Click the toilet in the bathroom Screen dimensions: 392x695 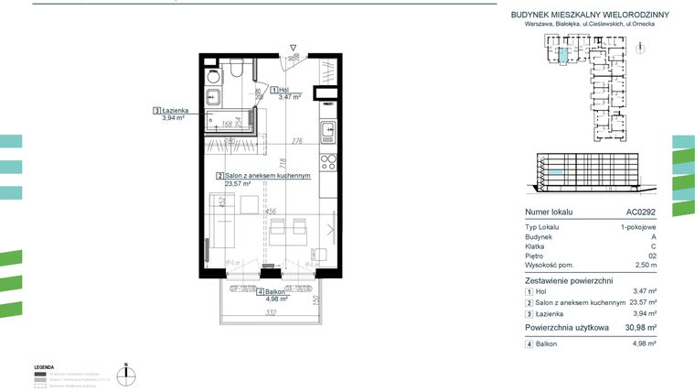coord(236,70)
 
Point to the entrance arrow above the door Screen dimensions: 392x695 coord(292,47)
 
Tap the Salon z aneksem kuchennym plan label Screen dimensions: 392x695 coord(264,177)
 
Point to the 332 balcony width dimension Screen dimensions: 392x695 coord(272,313)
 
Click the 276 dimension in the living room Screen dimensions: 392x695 coord(297,141)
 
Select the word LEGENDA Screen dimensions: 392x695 coord(44,365)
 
